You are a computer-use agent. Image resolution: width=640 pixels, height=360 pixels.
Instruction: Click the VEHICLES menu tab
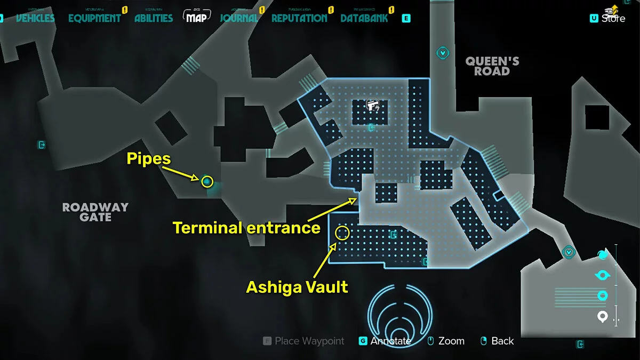[x=35, y=18]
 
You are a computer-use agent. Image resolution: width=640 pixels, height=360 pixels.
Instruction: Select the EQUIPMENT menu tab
[x=94, y=18]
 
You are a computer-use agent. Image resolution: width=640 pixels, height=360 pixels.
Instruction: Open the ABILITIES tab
[x=154, y=18]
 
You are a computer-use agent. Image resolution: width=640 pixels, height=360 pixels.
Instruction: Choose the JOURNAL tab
[x=239, y=18]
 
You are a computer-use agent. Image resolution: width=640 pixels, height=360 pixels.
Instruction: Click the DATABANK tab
[x=364, y=18]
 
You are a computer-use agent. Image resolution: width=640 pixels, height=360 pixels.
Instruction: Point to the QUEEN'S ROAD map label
[x=492, y=66]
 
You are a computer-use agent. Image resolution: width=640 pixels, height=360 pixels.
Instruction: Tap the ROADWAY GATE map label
[x=95, y=212]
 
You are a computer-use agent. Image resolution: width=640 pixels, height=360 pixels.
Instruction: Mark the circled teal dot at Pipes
[x=207, y=182]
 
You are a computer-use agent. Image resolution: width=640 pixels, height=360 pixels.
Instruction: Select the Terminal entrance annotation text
[x=246, y=228]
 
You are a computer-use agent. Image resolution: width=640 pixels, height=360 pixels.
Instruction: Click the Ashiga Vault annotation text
[x=297, y=287]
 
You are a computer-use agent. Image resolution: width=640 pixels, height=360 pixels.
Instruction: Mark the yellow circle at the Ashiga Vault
[x=342, y=233]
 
